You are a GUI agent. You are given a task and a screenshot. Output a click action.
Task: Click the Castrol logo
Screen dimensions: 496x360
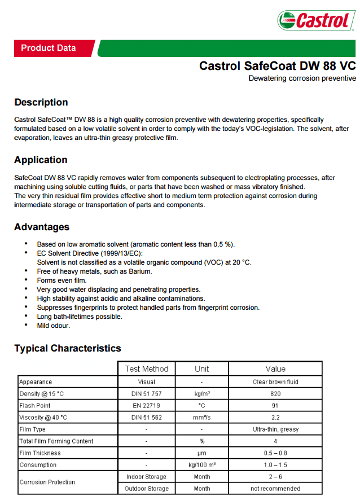click(316, 21)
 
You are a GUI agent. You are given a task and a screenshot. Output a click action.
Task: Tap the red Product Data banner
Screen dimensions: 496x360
click(49, 48)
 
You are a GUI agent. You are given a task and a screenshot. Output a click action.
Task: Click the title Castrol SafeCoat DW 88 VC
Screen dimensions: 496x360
click(277, 66)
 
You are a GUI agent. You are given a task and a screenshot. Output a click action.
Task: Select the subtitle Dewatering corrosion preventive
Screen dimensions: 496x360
click(302, 78)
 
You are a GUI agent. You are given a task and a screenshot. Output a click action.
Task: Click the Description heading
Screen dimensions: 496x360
click(41, 102)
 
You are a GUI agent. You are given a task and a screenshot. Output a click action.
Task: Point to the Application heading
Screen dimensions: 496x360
click(41, 160)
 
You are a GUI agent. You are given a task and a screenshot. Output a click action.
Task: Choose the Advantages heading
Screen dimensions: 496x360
click(42, 227)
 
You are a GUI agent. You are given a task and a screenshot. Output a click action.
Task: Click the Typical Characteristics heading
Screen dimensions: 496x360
click(68, 348)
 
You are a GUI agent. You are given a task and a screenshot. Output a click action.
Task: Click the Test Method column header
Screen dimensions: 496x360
click(147, 369)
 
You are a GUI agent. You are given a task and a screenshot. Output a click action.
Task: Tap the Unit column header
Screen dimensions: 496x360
click(201, 369)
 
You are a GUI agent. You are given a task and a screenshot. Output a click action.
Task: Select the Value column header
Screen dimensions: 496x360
click(275, 369)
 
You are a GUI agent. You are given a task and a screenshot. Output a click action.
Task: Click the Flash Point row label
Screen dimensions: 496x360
click(35, 406)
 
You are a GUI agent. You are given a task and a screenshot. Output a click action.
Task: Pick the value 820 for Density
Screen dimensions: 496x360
click(275, 394)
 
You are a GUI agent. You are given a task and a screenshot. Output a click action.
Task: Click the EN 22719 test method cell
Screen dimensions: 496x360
click(147, 406)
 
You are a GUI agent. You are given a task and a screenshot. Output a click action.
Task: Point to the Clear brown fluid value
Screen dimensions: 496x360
click(275, 382)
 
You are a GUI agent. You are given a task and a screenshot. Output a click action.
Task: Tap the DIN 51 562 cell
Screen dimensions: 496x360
click(147, 418)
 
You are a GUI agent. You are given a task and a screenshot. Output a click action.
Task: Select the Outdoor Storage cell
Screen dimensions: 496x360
click(147, 489)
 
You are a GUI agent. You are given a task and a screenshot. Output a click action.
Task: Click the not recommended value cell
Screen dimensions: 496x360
click(275, 489)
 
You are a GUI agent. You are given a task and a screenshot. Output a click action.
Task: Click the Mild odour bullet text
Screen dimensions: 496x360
click(54, 326)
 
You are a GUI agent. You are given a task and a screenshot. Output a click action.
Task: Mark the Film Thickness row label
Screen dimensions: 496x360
click(40, 453)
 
